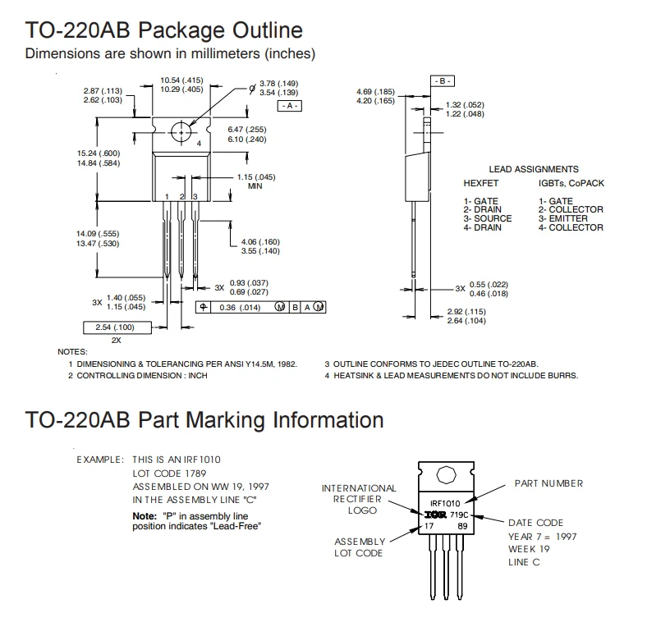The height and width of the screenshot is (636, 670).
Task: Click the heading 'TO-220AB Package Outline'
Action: pyautogui.click(x=164, y=31)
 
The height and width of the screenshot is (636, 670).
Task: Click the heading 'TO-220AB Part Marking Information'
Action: pyautogui.click(x=204, y=420)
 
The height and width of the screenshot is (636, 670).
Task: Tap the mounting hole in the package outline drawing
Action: pyautogui.click(x=181, y=131)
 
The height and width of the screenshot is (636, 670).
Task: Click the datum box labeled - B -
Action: pyautogui.click(x=443, y=81)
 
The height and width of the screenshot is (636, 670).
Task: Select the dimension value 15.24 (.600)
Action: pyautogui.click(x=99, y=153)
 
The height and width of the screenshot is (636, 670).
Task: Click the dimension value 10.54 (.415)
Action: pyautogui.click(x=181, y=80)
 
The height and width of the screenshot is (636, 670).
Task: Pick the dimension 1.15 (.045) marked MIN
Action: pyautogui.click(x=256, y=177)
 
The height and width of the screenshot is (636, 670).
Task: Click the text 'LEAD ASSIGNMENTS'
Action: pyautogui.click(x=533, y=169)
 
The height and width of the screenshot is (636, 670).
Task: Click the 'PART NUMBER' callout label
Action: pyautogui.click(x=548, y=483)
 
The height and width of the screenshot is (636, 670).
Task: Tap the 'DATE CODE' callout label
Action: pyautogui.click(x=535, y=523)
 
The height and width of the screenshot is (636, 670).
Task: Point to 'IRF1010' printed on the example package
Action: pyautogui.click(x=445, y=502)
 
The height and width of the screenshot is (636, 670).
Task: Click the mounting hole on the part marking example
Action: pyautogui.click(x=446, y=475)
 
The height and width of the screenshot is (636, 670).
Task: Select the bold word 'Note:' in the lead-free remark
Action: pyautogui.click(x=145, y=515)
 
